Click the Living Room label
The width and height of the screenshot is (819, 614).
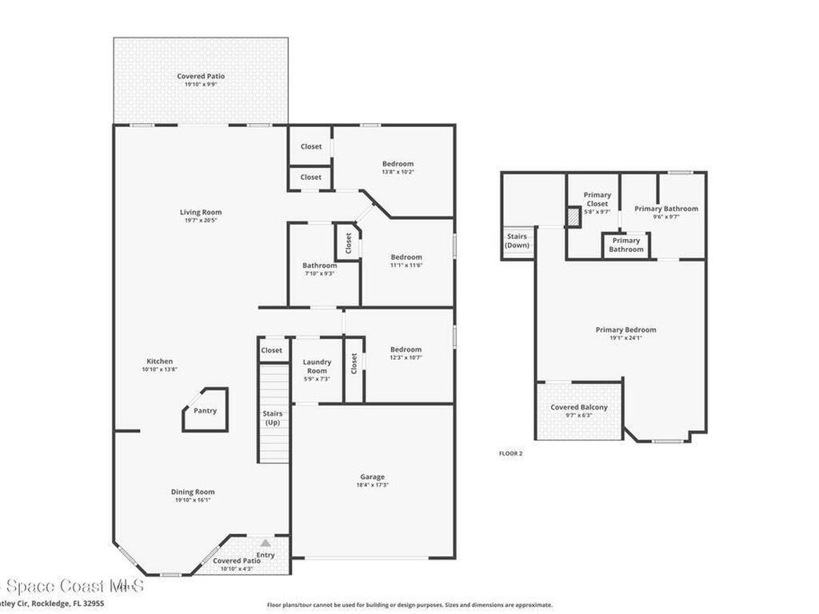coord(201,213)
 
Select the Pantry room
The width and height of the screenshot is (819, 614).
coord(206,411)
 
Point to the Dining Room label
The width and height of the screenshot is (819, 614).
coord(193,492)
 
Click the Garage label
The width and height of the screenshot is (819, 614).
coord(372,477)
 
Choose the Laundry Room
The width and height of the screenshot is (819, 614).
coord(317,366)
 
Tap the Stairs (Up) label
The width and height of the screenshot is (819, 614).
coord(273,418)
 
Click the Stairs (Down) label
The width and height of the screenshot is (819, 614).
coord(517,241)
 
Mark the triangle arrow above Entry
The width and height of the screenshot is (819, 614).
coord(265,543)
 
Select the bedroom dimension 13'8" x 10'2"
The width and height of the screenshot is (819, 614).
coord(398,172)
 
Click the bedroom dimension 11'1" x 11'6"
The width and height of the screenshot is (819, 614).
coord(406,265)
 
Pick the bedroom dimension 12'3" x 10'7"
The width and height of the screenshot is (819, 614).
coord(406,357)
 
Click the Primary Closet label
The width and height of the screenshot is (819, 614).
coord(597,199)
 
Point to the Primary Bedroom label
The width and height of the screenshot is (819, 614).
coord(625,329)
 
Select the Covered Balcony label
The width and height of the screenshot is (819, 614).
coord(579,408)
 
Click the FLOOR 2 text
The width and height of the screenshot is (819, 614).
coord(510,453)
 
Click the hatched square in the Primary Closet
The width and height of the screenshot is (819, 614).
coord(573,217)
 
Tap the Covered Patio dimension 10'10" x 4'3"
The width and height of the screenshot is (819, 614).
coord(237,569)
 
